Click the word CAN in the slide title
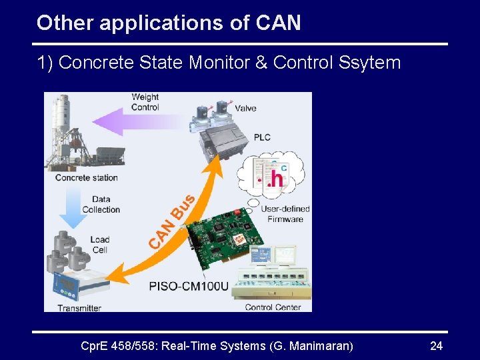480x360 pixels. coord(278,23)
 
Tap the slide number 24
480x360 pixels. coord(437,346)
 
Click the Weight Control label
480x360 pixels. coord(145,102)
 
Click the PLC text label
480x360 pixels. coord(262,137)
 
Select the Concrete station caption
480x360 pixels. coord(86,177)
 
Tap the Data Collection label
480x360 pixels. coord(101,204)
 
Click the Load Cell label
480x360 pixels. coord(100,245)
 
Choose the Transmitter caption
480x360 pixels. coord(79,307)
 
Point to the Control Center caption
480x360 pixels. coord(273,307)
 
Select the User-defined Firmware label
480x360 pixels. coord(285,214)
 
